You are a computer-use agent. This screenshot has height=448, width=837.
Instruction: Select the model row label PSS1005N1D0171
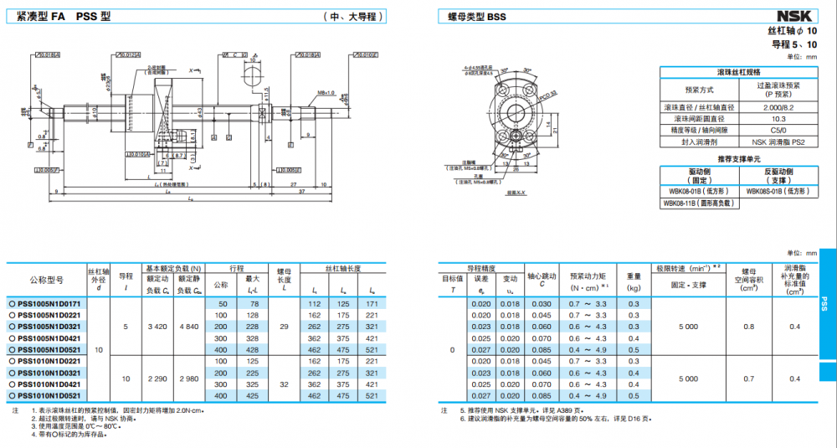click(x=49, y=303)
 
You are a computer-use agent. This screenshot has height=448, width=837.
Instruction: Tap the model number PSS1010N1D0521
click(x=49, y=395)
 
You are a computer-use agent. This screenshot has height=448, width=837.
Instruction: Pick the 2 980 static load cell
click(x=190, y=378)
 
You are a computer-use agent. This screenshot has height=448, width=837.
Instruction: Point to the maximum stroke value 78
click(x=254, y=303)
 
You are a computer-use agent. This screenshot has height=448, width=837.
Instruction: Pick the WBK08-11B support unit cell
click(x=698, y=202)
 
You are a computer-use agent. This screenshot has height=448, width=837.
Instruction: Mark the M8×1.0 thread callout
click(x=326, y=92)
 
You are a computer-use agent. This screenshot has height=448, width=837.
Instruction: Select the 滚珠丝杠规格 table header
click(x=738, y=73)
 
